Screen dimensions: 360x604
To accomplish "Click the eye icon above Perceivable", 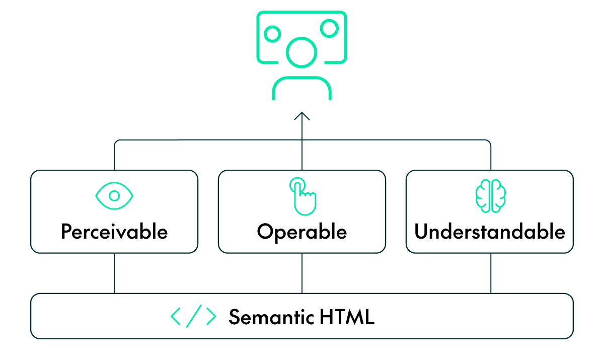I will click(114, 195).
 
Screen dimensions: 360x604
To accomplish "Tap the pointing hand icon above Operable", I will click(302, 194).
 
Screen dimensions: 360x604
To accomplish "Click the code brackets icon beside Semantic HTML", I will click(193, 316).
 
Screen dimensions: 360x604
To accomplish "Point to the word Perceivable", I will click(114, 232).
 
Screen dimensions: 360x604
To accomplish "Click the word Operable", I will click(302, 232).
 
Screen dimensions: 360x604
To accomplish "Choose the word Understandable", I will click(490, 232).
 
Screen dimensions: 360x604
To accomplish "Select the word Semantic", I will click(271, 317).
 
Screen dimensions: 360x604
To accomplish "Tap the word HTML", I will click(347, 317).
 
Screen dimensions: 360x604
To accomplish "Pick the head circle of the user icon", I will click(301, 51).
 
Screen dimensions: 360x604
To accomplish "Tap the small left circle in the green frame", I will click(272, 34).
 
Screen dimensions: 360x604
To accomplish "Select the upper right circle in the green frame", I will click(330, 28).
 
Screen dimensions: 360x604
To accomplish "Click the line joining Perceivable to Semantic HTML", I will click(114, 273).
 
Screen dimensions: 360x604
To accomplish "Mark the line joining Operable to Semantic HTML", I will click(302, 273).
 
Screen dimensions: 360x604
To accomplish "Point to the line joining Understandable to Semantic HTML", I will click(491, 273).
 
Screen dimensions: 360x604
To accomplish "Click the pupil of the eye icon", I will click(114, 195).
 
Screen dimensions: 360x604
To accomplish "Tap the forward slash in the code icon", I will click(194, 316).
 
